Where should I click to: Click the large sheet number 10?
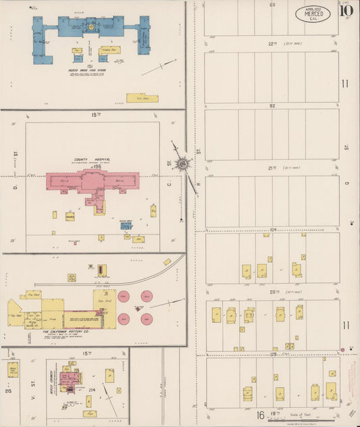pyautogui.click(x=346, y=9)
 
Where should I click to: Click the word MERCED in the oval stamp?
pyautogui.click(x=313, y=14)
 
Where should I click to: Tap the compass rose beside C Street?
pyautogui.click(x=182, y=163)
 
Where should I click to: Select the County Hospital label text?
pyautogui.click(x=91, y=160)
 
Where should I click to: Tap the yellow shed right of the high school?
pyautogui.click(x=142, y=98)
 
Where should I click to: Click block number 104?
pyautogui.click(x=273, y=230)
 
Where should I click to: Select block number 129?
pyautogui.click(x=273, y=354)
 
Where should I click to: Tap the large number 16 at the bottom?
pyautogui.click(x=260, y=414)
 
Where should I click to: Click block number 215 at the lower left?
pyautogui.click(x=8, y=391)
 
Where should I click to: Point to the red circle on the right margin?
pyautogui.click(x=343, y=349)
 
